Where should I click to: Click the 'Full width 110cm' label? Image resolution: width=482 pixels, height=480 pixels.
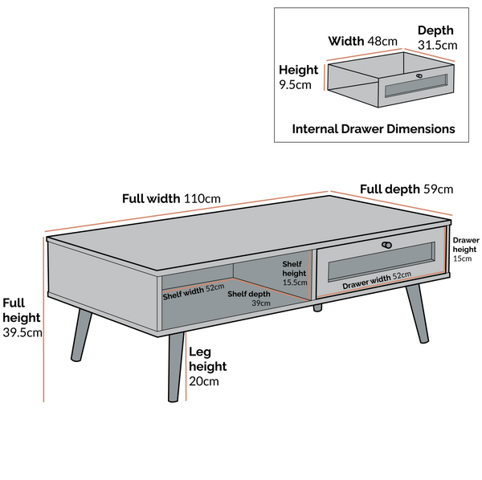pyautogui.click(x=171, y=198)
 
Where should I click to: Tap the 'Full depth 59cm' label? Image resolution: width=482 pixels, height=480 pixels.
pyautogui.click(x=406, y=189)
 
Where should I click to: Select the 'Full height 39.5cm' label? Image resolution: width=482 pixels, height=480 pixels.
pyautogui.click(x=22, y=318)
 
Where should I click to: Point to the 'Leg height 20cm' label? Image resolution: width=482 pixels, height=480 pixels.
pyautogui.click(x=207, y=366)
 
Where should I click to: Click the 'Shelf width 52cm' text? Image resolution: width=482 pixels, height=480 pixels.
pyautogui.click(x=193, y=291)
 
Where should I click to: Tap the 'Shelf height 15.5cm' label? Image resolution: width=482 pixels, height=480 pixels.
pyautogui.click(x=295, y=273)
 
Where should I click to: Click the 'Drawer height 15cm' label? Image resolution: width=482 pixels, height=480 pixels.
pyautogui.click(x=465, y=249)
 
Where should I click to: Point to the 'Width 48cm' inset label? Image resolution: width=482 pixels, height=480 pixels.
pyautogui.click(x=363, y=41)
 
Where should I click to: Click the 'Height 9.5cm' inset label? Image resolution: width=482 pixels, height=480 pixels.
pyautogui.click(x=298, y=77)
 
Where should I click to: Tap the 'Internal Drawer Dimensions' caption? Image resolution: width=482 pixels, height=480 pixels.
pyautogui.click(x=374, y=128)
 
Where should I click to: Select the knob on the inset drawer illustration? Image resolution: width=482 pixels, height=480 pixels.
pyautogui.click(x=419, y=76)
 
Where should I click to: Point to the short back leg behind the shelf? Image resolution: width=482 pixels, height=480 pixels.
pyautogui.click(x=317, y=307)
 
